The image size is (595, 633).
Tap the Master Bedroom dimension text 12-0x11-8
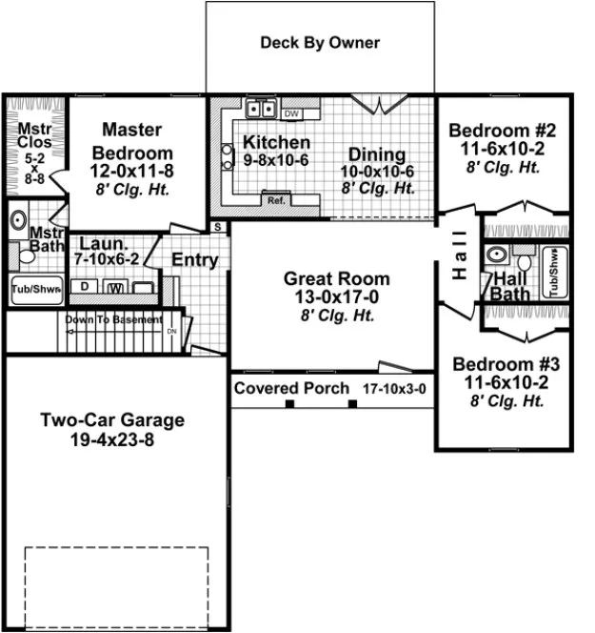click(132, 171)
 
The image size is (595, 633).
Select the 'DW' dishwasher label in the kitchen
click(291, 114)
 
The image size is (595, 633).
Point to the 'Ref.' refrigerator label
click(276, 200)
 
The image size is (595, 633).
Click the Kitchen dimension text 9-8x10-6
click(276, 160)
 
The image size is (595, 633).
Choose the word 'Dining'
click(376, 154)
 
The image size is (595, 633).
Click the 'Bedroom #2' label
click(503, 131)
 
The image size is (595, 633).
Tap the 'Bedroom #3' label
click(506, 364)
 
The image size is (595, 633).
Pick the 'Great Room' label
click(336, 279)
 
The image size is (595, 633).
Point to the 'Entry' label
click(195, 260)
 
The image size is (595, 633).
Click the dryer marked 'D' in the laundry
click(85, 287)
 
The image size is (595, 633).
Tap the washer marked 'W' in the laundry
click(115, 288)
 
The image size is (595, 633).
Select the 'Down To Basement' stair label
click(113, 320)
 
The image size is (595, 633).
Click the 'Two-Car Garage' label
click(112, 420)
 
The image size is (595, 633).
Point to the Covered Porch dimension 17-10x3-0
click(394, 389)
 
